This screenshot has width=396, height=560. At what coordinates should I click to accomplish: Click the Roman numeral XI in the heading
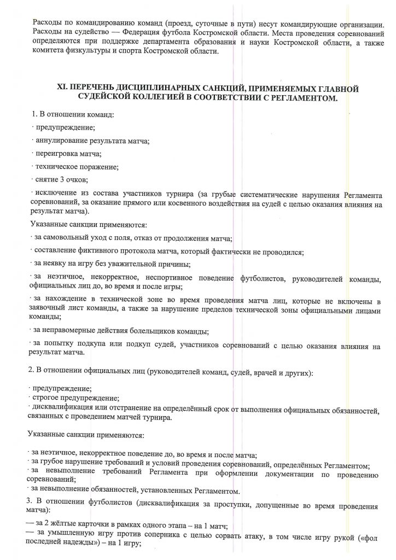(x=62, y=88)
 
